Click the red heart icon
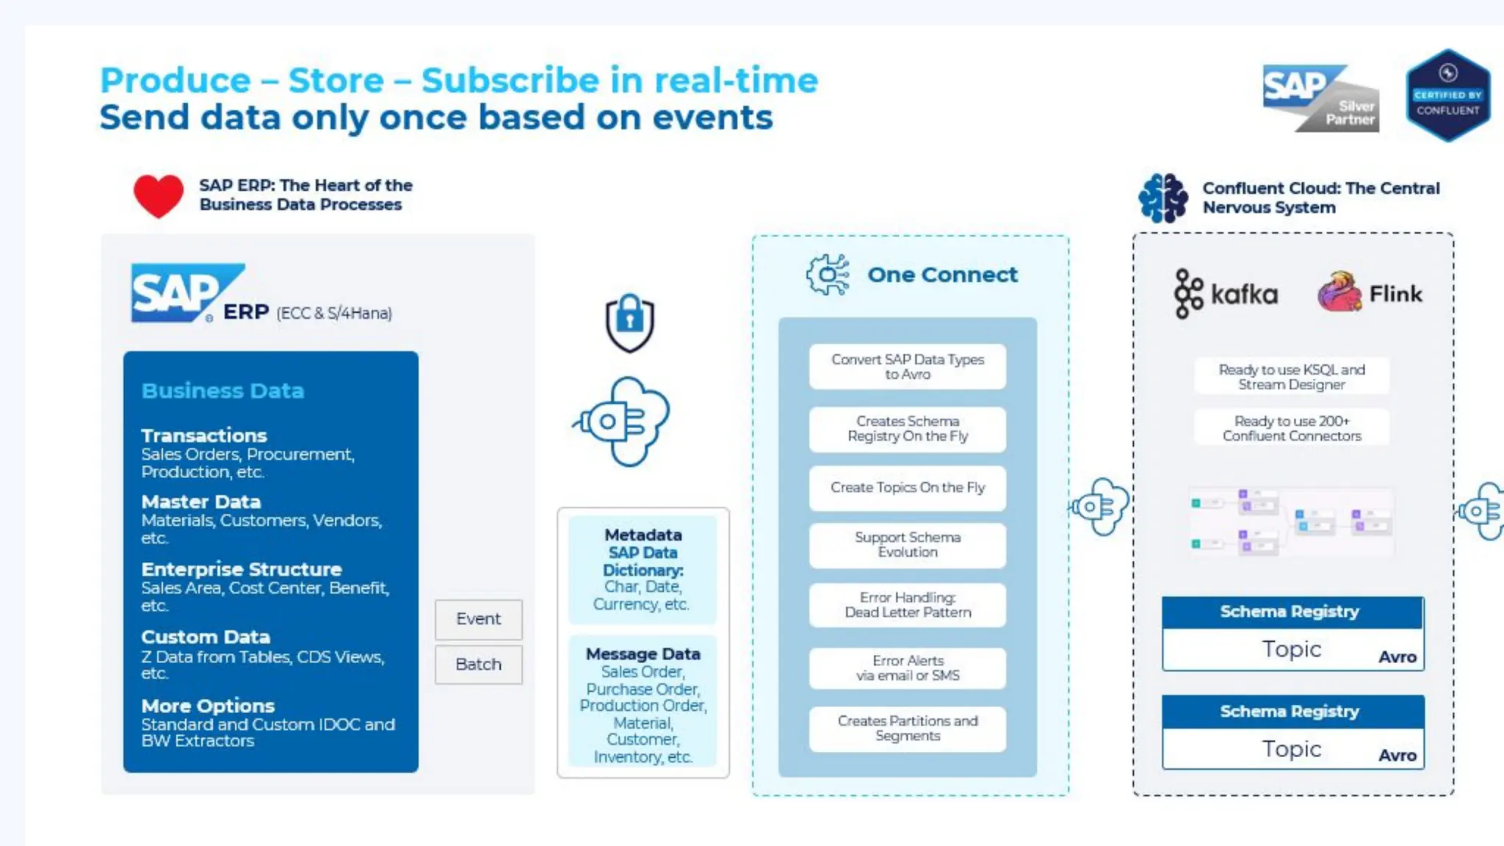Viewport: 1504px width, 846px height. tap(158, 196)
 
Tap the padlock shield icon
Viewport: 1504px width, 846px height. tap(629, 322)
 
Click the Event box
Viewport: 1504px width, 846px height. tap(478, 619)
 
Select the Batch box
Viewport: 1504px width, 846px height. tap(478, 665)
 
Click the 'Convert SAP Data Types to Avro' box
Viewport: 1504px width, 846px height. tap(907, 366)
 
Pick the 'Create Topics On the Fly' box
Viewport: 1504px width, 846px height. tap(907, 488)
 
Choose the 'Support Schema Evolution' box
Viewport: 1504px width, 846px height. tap(907, 545)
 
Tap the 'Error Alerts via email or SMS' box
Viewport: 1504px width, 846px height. tap(907, 668)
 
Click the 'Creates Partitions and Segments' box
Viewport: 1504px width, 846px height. tap(907, 728)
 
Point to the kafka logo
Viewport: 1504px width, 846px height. tap(1225, 294)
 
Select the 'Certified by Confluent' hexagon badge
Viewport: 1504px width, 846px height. tap(1447, 95)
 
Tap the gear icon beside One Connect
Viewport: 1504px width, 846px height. tap(828, 275)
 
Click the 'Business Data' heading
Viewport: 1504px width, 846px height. tap(223, 391)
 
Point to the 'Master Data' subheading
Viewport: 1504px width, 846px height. tap(201, 502)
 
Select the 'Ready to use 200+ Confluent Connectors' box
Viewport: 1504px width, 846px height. tap(1291, 428)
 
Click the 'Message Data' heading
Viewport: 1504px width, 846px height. tap(643, 654)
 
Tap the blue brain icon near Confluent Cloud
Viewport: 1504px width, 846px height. tap(1163, 198)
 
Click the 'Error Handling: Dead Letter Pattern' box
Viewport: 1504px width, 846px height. tap(907, 605)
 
